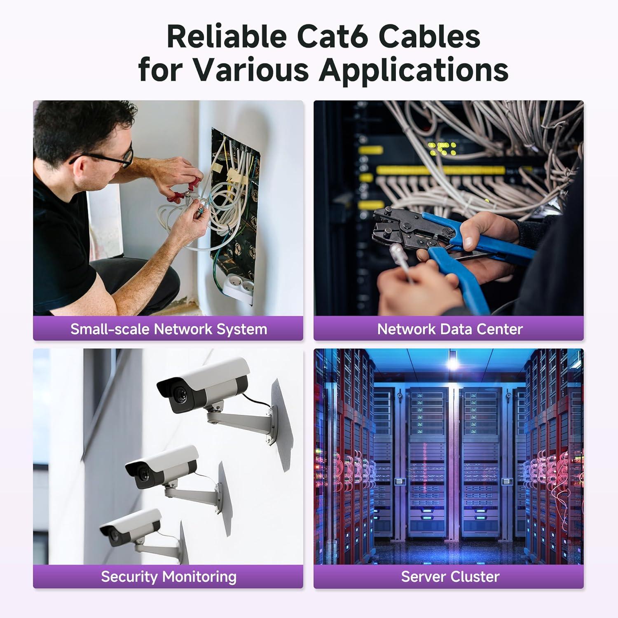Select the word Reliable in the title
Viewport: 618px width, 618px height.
click(227, 37)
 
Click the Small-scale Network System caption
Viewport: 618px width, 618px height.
click(169, 329)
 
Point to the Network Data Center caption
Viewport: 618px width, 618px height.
click(450, 329)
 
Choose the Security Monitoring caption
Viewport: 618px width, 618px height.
click(169, 576)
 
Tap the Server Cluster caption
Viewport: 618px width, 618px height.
click(450, 576)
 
